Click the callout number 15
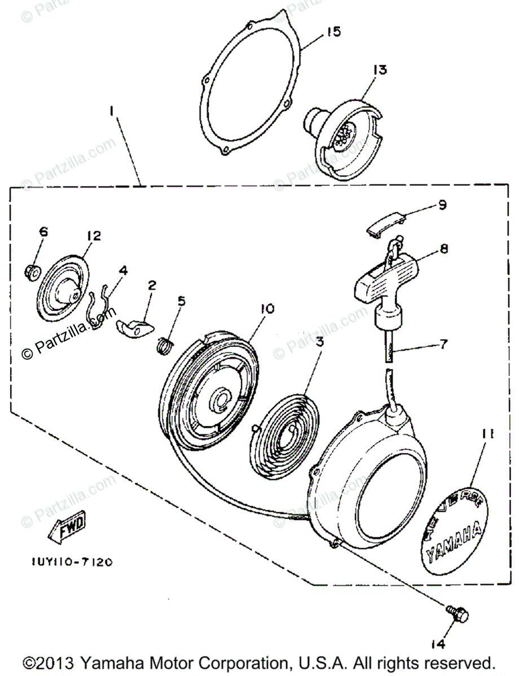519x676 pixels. [333, 32]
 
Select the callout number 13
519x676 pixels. [380, 70]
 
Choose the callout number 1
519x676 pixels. [112, 112]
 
